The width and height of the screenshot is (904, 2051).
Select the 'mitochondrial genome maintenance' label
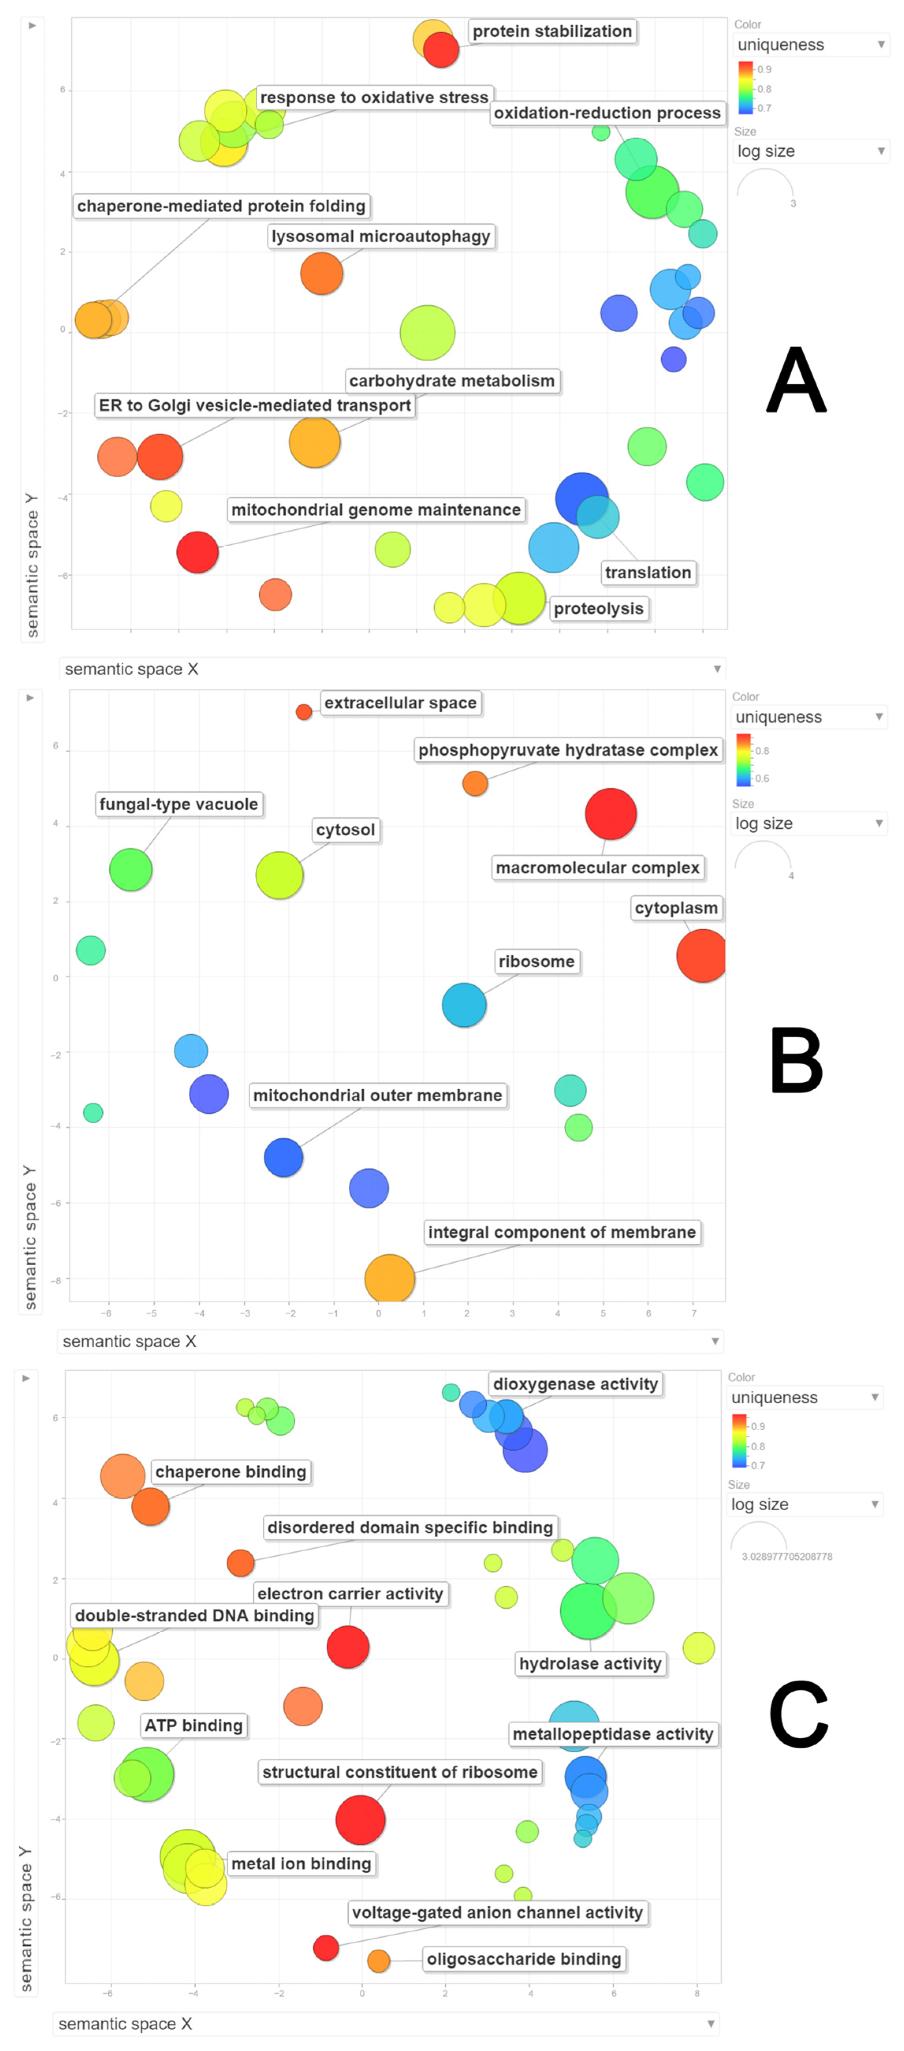click(376, 510)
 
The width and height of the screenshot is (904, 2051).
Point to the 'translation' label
click(648, 572)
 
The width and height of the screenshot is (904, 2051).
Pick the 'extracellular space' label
click(400, 703)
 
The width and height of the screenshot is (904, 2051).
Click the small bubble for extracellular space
click(303, 712)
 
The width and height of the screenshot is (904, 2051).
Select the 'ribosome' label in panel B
click(536, 962)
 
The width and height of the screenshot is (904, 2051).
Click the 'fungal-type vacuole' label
click(178, 804)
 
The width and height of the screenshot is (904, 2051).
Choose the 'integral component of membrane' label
click(562, 1233)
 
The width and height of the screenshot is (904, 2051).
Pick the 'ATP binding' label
click(193, 1725)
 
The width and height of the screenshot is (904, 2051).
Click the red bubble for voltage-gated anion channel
click(326, 1948)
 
